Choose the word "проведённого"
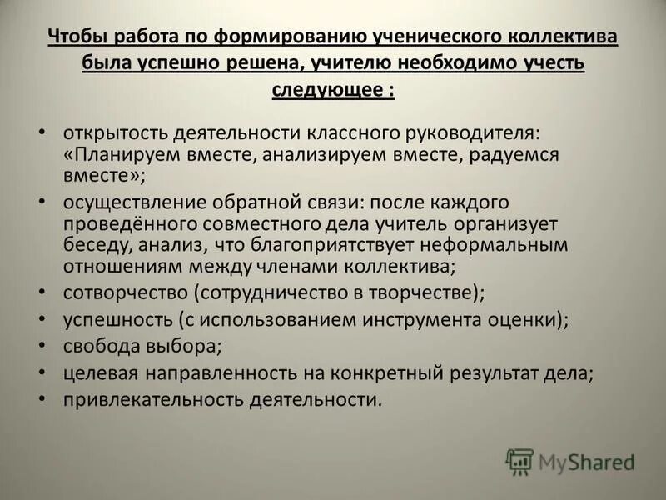coord(128,224)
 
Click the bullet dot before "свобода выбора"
coord(42,345)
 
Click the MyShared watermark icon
coord(519,461)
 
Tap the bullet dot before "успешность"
coord(42,318)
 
